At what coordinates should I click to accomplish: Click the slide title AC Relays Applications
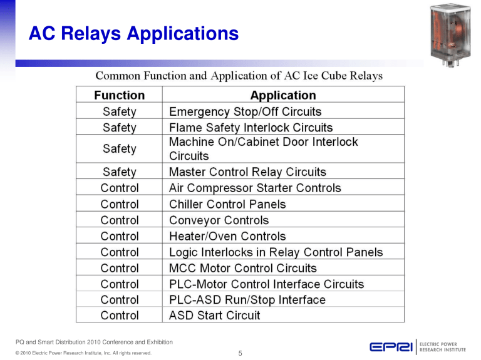tap(133, 33)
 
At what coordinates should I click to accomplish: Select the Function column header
tap(119, 95)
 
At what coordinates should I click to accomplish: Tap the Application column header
tap(283, 95)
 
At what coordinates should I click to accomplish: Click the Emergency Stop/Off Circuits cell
tap(245, 112)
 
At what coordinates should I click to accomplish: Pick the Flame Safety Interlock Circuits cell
tap(251, 128)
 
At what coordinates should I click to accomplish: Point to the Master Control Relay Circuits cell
tap(247, 172)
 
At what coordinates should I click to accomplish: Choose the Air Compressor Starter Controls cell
tap(255, 188)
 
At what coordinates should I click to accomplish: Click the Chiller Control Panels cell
tap(227, 204)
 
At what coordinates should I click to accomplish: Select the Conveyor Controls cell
tap(219, 220)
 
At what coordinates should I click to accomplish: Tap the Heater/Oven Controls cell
tap(227, 237)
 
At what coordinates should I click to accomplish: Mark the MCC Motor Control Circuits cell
tap(243, 268)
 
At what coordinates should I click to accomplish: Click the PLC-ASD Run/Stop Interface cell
tap(247, 300)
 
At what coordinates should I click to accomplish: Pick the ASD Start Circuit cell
tap(214, 316)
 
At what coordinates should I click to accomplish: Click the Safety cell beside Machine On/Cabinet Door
tap(119, 149)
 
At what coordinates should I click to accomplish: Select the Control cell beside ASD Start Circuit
tap(119, 316)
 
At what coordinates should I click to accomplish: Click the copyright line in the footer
tap(84, 354)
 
